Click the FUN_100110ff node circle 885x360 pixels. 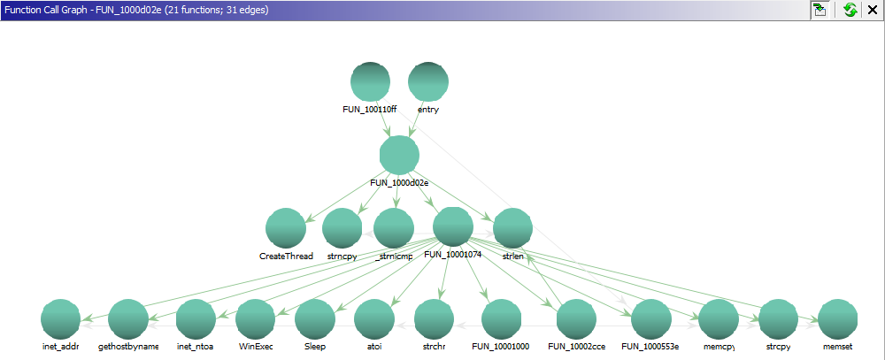[x=370, y=81]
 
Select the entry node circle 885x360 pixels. [x=427, y=81]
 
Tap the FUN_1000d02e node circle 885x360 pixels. [x=398, y=155]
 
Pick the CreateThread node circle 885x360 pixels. [x=285, y=228]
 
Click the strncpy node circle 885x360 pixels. [x=342, y=228]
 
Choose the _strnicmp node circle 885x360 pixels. [x=394, y=228]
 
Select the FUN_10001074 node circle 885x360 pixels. [x=453, y=227]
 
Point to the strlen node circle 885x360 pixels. [x=512, y=228]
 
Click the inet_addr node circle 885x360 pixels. [x=60, y=319]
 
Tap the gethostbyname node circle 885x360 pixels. [x=128, y=319]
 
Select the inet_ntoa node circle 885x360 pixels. [x=196, y=319]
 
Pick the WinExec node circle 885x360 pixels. [x=255, y=319]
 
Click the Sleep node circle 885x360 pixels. [x=314, y=319]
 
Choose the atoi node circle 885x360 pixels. [x=373, y=319]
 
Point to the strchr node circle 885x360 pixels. [x=433, y=319]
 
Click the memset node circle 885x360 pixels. [x=837, y=319]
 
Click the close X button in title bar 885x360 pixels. [x=872, y=10]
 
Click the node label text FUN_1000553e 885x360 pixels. [x=650, y=347]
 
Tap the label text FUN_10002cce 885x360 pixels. [x=576, y=347]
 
